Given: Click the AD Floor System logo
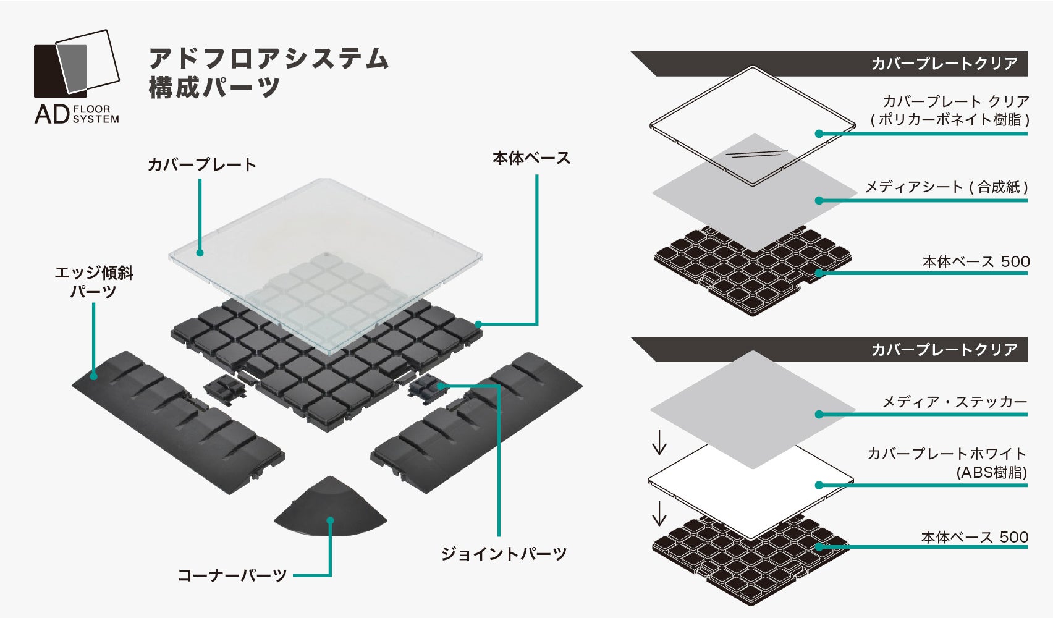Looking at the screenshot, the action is point(76,77).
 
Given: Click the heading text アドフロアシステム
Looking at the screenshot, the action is point(268,58).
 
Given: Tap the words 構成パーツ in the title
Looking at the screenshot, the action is point(214,87).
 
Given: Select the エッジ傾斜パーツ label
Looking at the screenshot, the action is point(93,282).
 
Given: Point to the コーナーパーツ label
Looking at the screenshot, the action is point(232,575).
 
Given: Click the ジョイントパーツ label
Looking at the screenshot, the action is point(503,553).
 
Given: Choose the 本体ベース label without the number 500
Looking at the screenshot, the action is point(531,158).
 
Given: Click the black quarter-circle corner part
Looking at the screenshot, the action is point(331,507).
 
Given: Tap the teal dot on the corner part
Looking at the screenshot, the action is point(331,521).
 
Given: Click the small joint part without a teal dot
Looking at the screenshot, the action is point(223,389).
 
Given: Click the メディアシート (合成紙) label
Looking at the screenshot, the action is point(945,187).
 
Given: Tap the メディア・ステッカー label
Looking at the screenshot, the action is point(954,402).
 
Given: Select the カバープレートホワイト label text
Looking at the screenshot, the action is point(947,454).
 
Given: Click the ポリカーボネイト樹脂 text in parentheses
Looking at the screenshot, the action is point(950,119).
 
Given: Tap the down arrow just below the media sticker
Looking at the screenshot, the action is point(659,441).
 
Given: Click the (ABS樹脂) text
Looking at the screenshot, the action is point(991,473).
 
